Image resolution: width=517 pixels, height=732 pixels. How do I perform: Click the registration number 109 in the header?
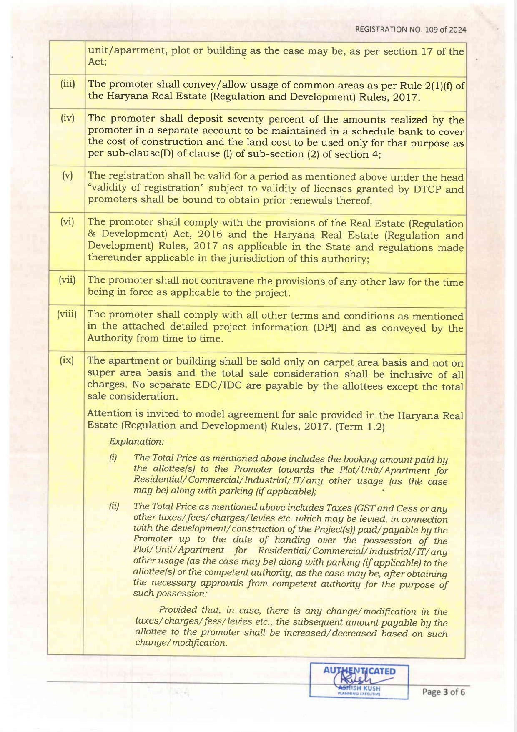(431, 29)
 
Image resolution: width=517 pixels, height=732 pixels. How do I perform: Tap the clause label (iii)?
(68, 84)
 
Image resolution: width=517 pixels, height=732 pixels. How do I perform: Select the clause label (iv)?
(68, 118)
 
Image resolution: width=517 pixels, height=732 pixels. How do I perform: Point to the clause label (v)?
(68, 175)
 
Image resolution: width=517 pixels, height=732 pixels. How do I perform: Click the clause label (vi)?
(68, 221)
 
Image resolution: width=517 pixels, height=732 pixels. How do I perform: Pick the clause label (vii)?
(67, 279)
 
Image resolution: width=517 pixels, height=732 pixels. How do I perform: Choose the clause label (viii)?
(67, 314)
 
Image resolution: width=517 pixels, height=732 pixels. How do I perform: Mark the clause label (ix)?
(67, 360)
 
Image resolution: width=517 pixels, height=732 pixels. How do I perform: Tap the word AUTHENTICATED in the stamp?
(359, 671)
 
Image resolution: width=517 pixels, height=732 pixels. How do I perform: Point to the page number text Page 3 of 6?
(443, 692)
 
